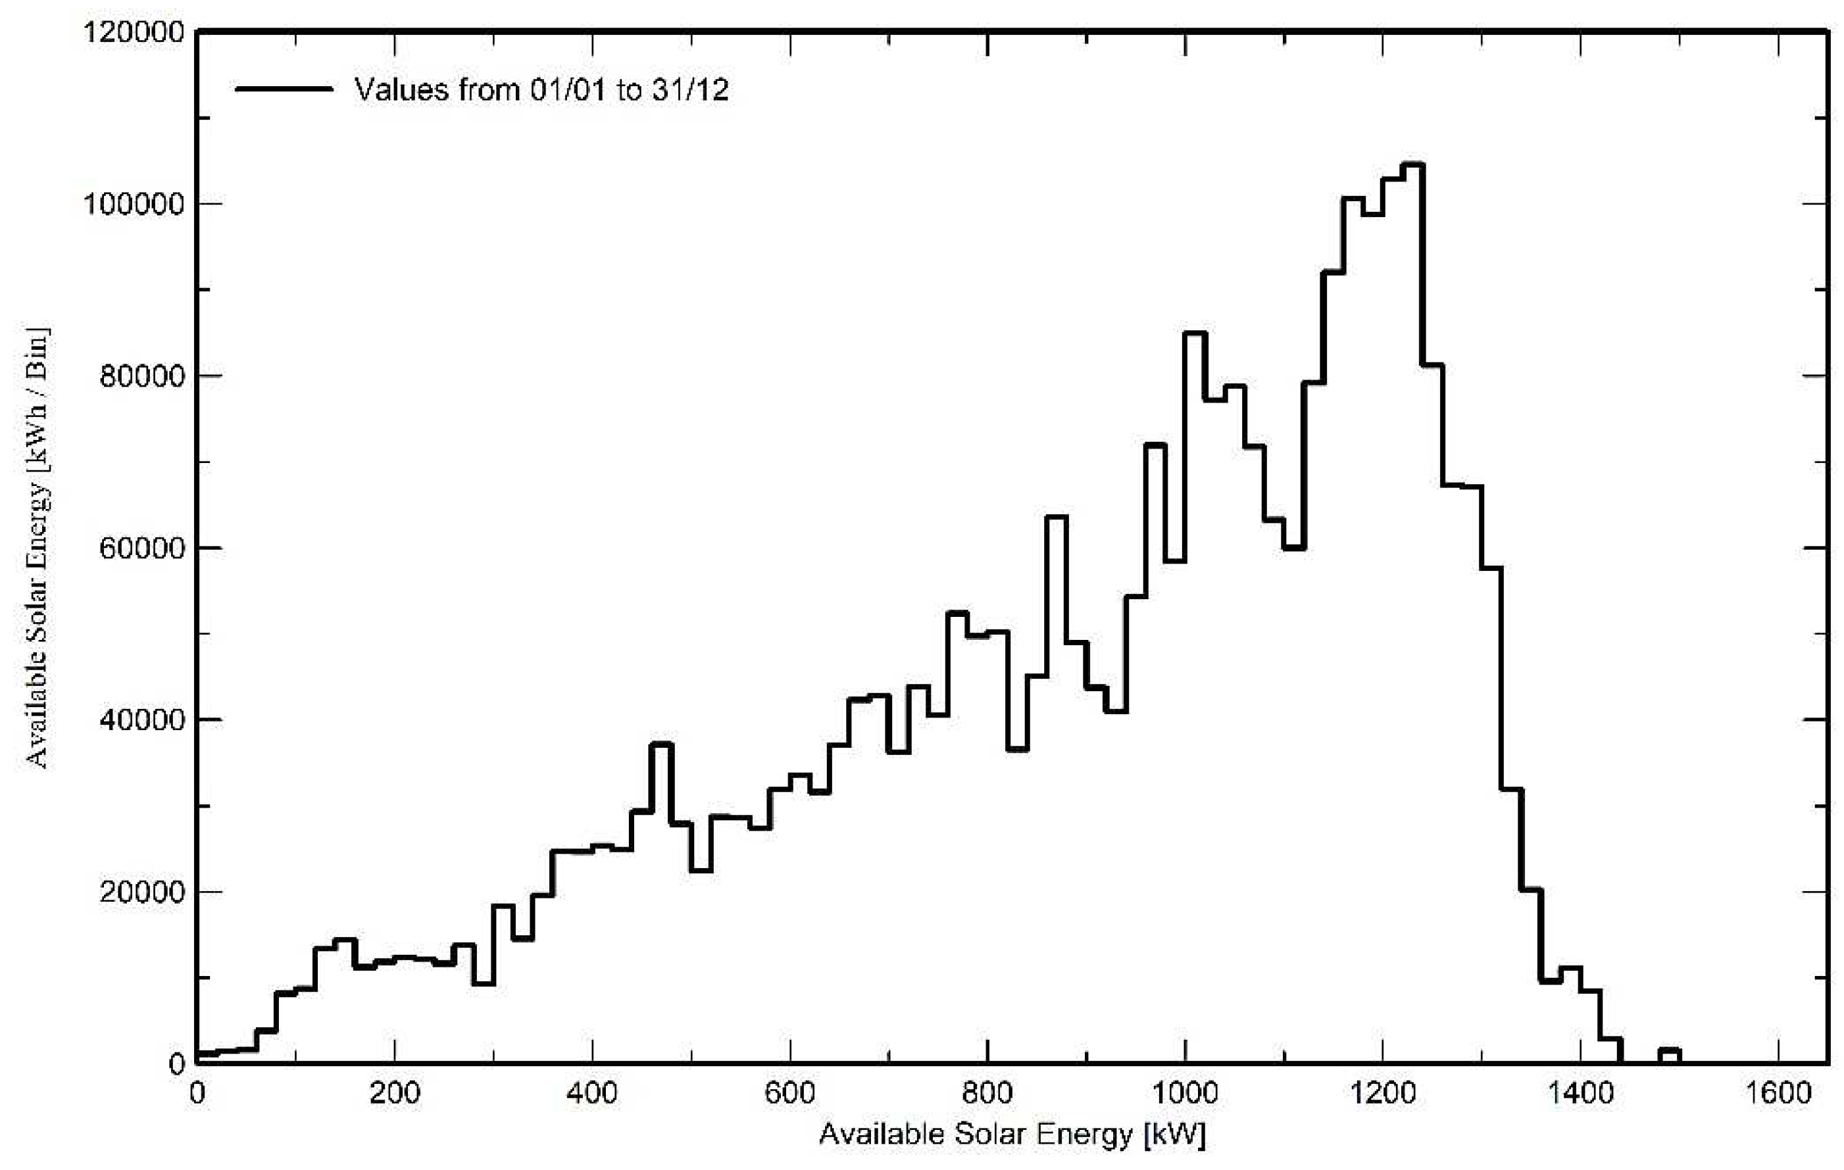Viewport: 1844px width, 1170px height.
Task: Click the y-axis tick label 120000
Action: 134,33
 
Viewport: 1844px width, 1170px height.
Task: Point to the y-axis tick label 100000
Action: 134,205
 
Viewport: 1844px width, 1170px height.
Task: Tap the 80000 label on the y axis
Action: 143,377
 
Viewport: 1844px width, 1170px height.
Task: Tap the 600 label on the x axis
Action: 789,1092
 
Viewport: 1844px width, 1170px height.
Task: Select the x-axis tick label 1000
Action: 1185,1092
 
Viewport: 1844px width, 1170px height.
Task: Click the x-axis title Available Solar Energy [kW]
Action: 1012,1134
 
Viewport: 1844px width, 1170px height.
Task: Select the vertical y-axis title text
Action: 37,547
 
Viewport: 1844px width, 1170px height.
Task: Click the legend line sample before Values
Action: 284,89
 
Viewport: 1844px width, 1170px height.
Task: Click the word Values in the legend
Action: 401,90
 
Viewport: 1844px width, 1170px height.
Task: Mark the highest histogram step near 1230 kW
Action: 1411,164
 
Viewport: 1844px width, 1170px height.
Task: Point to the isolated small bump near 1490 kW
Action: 1670,1050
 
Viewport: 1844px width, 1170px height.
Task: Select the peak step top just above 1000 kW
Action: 1195,333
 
